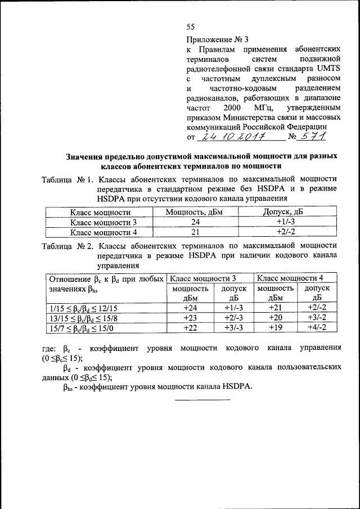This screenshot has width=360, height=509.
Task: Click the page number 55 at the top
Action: pos(190,27)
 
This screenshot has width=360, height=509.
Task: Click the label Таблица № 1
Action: pos(66,179)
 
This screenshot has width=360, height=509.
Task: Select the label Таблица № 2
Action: pos(66,245)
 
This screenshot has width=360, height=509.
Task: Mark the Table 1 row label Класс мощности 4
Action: pos(103,231)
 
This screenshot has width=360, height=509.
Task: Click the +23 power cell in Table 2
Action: pos(190,318)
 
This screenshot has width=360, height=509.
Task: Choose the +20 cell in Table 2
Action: pos(276,318)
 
